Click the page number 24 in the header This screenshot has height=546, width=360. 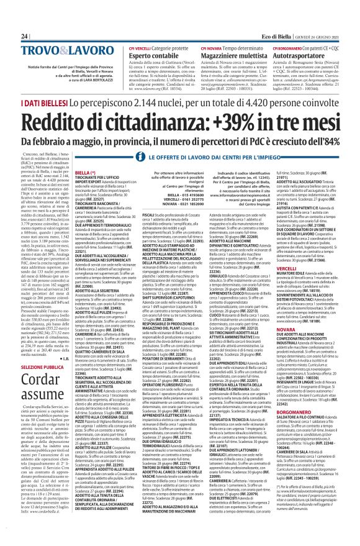pyautogui.click(x=25, y=20)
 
